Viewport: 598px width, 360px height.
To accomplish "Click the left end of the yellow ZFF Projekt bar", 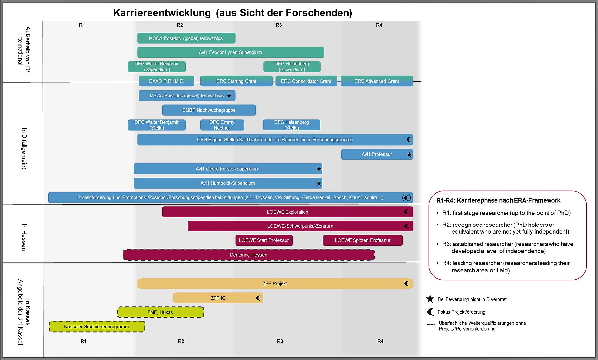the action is [138, 283].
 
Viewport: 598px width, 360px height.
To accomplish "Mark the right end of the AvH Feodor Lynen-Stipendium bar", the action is [324, 52].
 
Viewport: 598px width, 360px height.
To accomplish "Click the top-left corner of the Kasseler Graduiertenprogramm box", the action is [49, 321].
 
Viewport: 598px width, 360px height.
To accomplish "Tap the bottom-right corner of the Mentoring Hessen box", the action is [375, 260].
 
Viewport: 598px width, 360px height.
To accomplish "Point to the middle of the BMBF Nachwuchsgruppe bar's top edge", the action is [209, 105].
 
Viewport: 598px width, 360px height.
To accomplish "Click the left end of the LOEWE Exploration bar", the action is [162, 212].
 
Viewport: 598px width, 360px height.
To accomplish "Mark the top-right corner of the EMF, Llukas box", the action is [204, 307].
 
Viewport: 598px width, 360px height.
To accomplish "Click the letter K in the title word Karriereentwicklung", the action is [117, 13].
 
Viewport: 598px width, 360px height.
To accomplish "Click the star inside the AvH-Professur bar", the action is [409, 154].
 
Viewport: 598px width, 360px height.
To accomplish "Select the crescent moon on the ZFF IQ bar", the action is [258, 298].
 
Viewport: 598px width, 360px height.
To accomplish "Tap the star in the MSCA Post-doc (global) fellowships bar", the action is [229, 96].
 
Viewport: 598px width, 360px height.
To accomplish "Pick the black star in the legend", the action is [430, 299].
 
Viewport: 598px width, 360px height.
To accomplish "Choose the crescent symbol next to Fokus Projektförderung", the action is [430, 312].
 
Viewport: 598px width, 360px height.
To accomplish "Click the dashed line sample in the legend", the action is [430, 324].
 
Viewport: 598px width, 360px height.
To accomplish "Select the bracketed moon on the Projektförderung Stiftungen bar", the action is [407, 198].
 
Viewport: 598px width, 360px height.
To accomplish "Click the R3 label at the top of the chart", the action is [279, 25].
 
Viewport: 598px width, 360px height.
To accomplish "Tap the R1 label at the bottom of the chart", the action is [83, 341].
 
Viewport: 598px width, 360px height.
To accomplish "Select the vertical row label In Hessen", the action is [24, 237].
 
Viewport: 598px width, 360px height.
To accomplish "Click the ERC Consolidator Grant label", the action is [306, 81].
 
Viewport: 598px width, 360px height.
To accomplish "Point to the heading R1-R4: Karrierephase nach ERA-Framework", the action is [498, 200].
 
